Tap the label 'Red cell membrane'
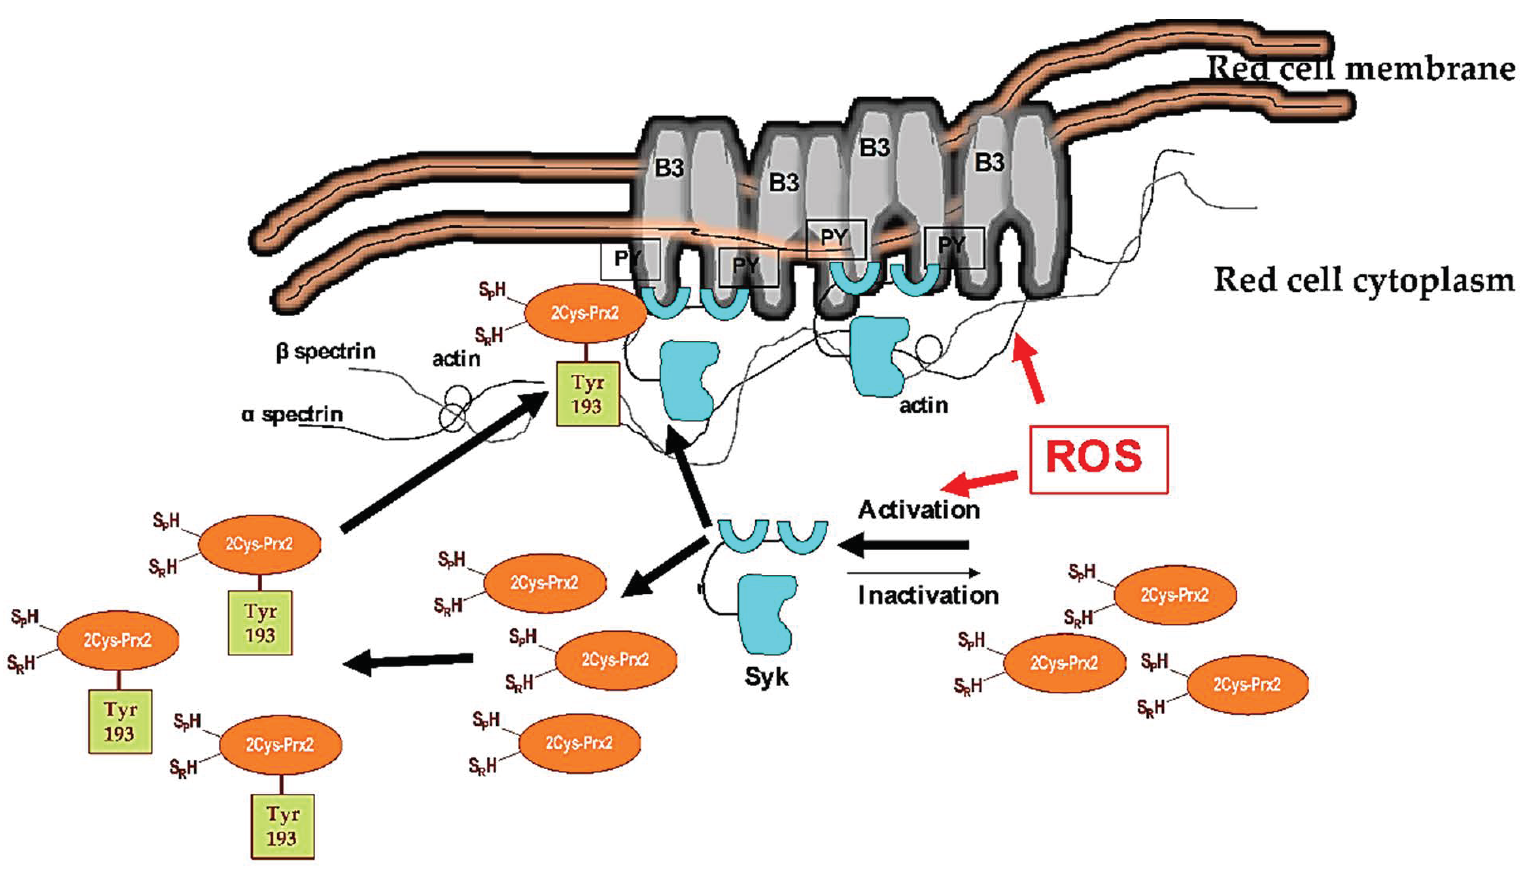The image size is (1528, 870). pos(1360,69)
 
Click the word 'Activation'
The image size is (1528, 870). pos(918,510)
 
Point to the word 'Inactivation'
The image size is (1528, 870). pos(927,595)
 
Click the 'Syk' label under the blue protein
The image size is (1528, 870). pos(766,677)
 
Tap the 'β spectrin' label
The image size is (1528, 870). pos(326,351)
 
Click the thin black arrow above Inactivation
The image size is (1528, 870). pos(914,573)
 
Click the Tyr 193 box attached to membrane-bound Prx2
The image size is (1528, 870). pos(587,394)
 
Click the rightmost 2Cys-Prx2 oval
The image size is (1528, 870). pos(1247,684)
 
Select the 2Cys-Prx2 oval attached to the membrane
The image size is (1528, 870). pos(585,313)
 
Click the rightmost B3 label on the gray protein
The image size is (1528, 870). pos(990,162)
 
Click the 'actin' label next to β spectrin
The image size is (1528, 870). pos(455,359)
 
